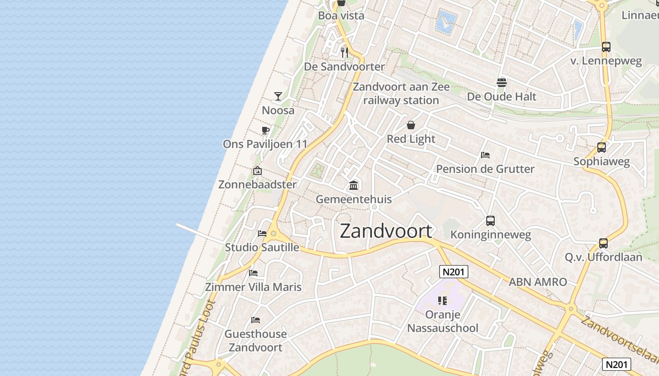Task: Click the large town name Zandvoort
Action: [x=386, y=231]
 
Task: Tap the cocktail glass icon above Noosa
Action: [x=278, y=96]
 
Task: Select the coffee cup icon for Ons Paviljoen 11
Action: [x=265, y=130]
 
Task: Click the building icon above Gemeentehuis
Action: [x=354, y=185]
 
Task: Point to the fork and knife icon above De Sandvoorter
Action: [x=345, y=52]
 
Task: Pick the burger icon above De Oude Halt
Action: [x=501, y=83]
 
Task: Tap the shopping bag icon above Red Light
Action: [x=411, y=125]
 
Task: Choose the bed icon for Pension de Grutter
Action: [x=485, y=155]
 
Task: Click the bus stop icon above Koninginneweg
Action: [x=490, y=220]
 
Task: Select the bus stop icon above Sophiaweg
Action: [x=602, y=148]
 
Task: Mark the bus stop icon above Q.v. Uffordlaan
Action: [x=603, y=243]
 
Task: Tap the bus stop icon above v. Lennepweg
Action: [x=606, y=47]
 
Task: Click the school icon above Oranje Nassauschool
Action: [x=442, y=300]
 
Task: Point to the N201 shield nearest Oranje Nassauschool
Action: [x=454, y=272]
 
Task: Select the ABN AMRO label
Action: [x=538, y=282]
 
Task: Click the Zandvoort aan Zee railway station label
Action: [x=401, y=94]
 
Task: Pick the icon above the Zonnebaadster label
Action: [x=257, y=171]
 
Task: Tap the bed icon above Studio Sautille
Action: [x=262, y=233]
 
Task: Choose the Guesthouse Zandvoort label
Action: [x=256, y=341]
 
